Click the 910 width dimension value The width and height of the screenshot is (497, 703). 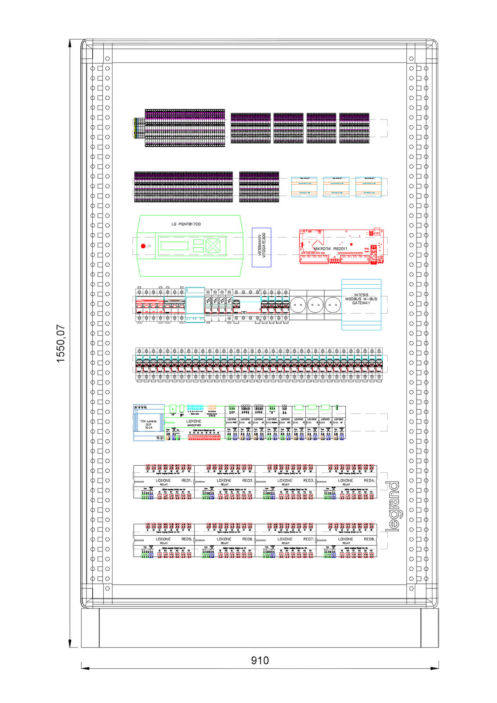pyautogui.click(x=260, y=660)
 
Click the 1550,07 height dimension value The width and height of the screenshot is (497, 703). pyautogui.click(x=61, y=344)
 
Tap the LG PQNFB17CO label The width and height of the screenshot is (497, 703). pyautogui.click(x=186, y=224)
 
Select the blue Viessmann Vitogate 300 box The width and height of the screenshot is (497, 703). pyautogui.click(x=261, y=247)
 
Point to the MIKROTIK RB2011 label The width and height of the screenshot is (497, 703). pyautogui.click(x=330, y=249)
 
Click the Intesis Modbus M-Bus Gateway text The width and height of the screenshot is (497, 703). pyautogui.click(x=361, y=299)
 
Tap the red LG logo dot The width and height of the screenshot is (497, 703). pyautogui.click(x=143, y=246)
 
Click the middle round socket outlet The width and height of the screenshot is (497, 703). pyautogui.click(x=315, y=304)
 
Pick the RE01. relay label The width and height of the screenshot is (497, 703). pyautogui.click(x=187, y=481)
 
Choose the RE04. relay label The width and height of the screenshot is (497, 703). pyautogui.click(x=369, y=481)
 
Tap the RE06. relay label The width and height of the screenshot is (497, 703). pyautogui.click(x=247, y=539)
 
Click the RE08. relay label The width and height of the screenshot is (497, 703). pyautogui.click(x=369, y=539)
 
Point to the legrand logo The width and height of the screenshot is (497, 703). pyautogui.click(x=393, y=506)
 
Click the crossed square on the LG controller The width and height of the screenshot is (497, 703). pyautogui.click(x=213, y=246)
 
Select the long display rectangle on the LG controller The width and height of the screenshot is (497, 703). pyautogui.click(x=174, y=246)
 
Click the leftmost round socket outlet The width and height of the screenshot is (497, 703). pyautogui.click(x=298, y=304)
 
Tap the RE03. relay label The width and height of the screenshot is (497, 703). pyautogui.click(x=308, y=481)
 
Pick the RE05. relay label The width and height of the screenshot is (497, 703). pyautogui.click(x=187, y=539)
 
